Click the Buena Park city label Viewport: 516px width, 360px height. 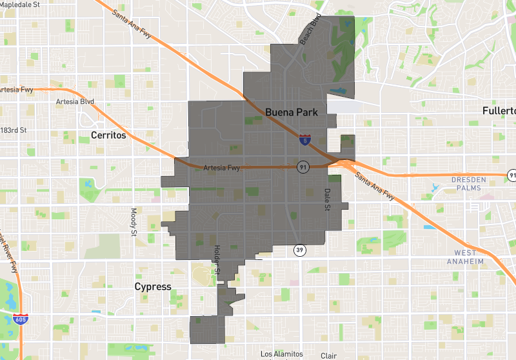[292, 112]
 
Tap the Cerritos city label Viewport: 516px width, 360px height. [108, 135]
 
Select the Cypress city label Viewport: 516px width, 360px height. [153, 286]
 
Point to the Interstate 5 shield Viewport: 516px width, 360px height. [303, 139]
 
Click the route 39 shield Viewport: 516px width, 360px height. [300, 250]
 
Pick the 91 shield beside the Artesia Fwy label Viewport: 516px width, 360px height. [302, 167]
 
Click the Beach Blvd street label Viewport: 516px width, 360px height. [310, 30]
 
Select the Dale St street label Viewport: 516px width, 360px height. [327, 199]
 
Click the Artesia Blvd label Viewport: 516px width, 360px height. [75, 102]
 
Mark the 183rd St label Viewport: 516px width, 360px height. [14, 130]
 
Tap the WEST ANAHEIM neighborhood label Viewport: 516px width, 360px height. [474, 257]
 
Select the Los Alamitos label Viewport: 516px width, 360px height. [281, 354]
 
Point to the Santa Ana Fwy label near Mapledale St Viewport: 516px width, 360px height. [132, 24]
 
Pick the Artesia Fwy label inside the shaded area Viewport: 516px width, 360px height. [221, 168]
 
